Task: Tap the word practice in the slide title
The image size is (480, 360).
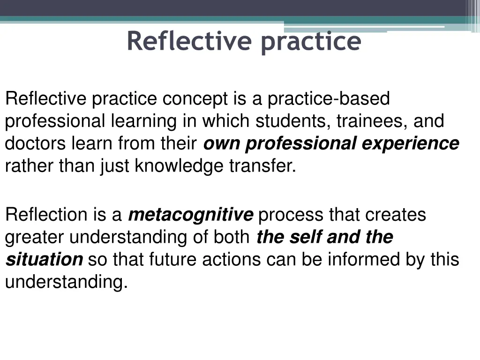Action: (311, 42)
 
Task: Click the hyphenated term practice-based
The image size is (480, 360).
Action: (329, 99)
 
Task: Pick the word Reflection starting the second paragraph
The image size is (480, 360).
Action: (46, 215)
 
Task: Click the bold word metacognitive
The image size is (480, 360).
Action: (190, 215)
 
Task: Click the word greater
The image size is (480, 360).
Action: (35, 237)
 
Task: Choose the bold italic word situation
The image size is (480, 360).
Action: (44, 259)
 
